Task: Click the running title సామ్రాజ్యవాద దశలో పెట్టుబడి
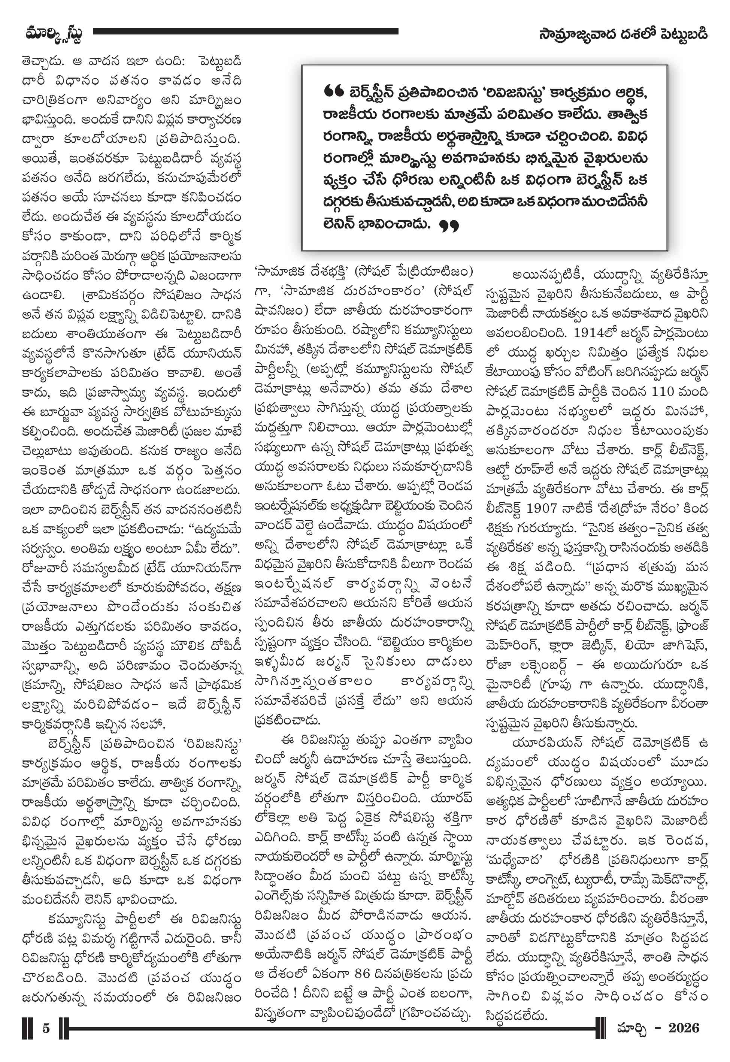tap(623, 34)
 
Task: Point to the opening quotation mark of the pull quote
tap(333, 92)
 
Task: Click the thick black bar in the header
tap(246, 31)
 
